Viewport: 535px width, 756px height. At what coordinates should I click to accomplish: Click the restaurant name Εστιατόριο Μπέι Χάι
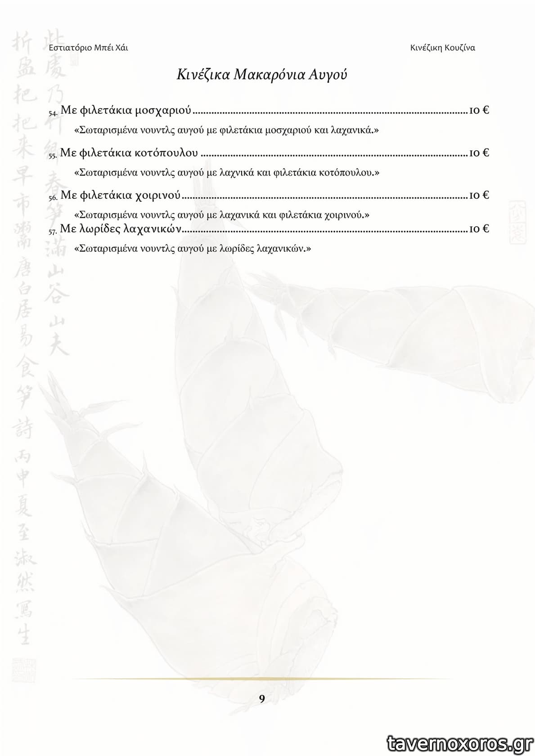click(88, 48)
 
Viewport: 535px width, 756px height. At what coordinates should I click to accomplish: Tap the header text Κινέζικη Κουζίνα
click(442, 48)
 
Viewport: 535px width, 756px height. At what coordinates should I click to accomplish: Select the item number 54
click(52, 112)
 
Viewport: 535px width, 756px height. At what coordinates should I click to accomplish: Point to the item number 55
click(52, 155)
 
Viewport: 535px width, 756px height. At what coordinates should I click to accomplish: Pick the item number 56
click(52, 197)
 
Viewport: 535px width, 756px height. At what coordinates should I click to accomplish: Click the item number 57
click(52, 231)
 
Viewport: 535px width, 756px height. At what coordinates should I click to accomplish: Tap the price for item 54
click(479, 110)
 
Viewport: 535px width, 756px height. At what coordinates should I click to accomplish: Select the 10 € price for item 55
click(479, 153)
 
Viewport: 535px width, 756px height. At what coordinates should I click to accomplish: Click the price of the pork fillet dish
click(479, 195)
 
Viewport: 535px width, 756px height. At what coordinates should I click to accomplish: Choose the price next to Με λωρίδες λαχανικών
click(479, 229)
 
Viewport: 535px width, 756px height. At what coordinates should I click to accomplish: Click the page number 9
click(262, 698)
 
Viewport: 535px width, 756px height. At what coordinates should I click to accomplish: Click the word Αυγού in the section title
click(328, 74)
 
